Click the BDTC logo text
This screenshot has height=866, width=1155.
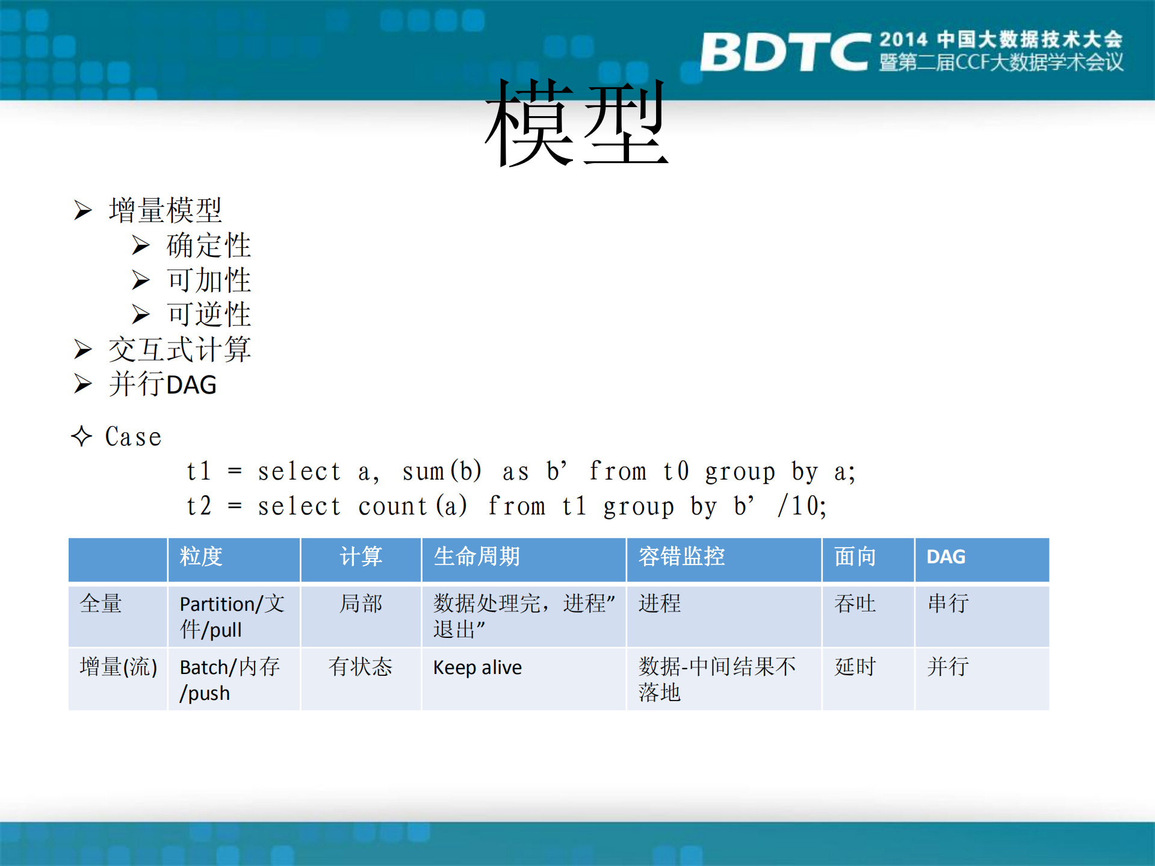tap(784, 52)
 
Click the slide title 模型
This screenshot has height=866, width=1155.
tap(576, 123)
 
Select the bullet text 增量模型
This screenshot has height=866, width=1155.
tap(165, 210)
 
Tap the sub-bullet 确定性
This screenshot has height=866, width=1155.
tap(208, 245)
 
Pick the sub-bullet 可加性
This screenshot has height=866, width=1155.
tap(208, 280)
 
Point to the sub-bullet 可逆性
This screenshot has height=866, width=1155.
tap(208, 314)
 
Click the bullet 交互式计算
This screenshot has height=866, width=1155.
tap(179, 350)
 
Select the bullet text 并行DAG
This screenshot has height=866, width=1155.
tap(163, 385)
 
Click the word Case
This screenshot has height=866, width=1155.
tap(133, 437)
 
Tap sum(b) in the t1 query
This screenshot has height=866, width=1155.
tap(442, 471)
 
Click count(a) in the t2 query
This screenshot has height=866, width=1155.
tap(412, 506)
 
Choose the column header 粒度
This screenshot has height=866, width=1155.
tap(201, 557)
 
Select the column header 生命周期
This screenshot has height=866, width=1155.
tap(477, 557)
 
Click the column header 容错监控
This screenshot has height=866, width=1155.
tap(681, 557)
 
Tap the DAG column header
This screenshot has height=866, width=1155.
tap(946, 557)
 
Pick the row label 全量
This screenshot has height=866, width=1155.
tap(101, 603)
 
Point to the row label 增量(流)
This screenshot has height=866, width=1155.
tap(118, 667)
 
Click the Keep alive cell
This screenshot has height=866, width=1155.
tap(477, 667)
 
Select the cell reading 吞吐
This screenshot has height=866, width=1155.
tap(855, 603)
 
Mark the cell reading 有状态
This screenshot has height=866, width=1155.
tap(360, 667)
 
